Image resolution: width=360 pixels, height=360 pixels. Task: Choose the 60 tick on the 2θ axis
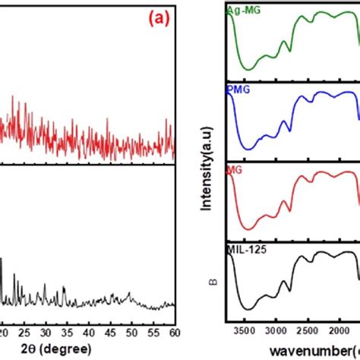pos(174,332)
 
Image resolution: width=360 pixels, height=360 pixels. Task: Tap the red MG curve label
pos(235,171)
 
